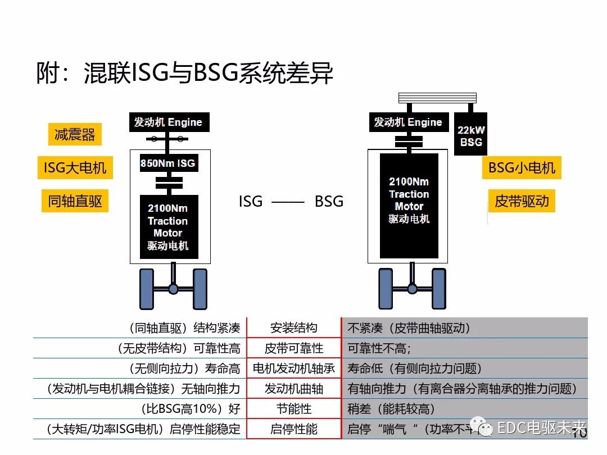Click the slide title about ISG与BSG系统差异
click(185, 74)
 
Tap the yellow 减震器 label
click(75, 135)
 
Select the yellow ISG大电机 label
click(75, 167)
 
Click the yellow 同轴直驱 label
click(75, 201)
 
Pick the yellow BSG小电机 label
click(522, 167)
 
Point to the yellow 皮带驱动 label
click(522, 201)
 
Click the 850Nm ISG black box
click(167, 163)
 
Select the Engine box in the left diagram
click(167, 122)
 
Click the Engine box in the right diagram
click(408, 122)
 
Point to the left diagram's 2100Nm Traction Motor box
click(168, 227)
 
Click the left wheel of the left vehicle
click(147, 289)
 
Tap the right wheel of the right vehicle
click(439, 289)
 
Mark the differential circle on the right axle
click(412, 289)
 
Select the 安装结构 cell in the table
click(294, 328)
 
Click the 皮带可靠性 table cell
click(294, 348)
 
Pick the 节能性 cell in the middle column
click(294, 409)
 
